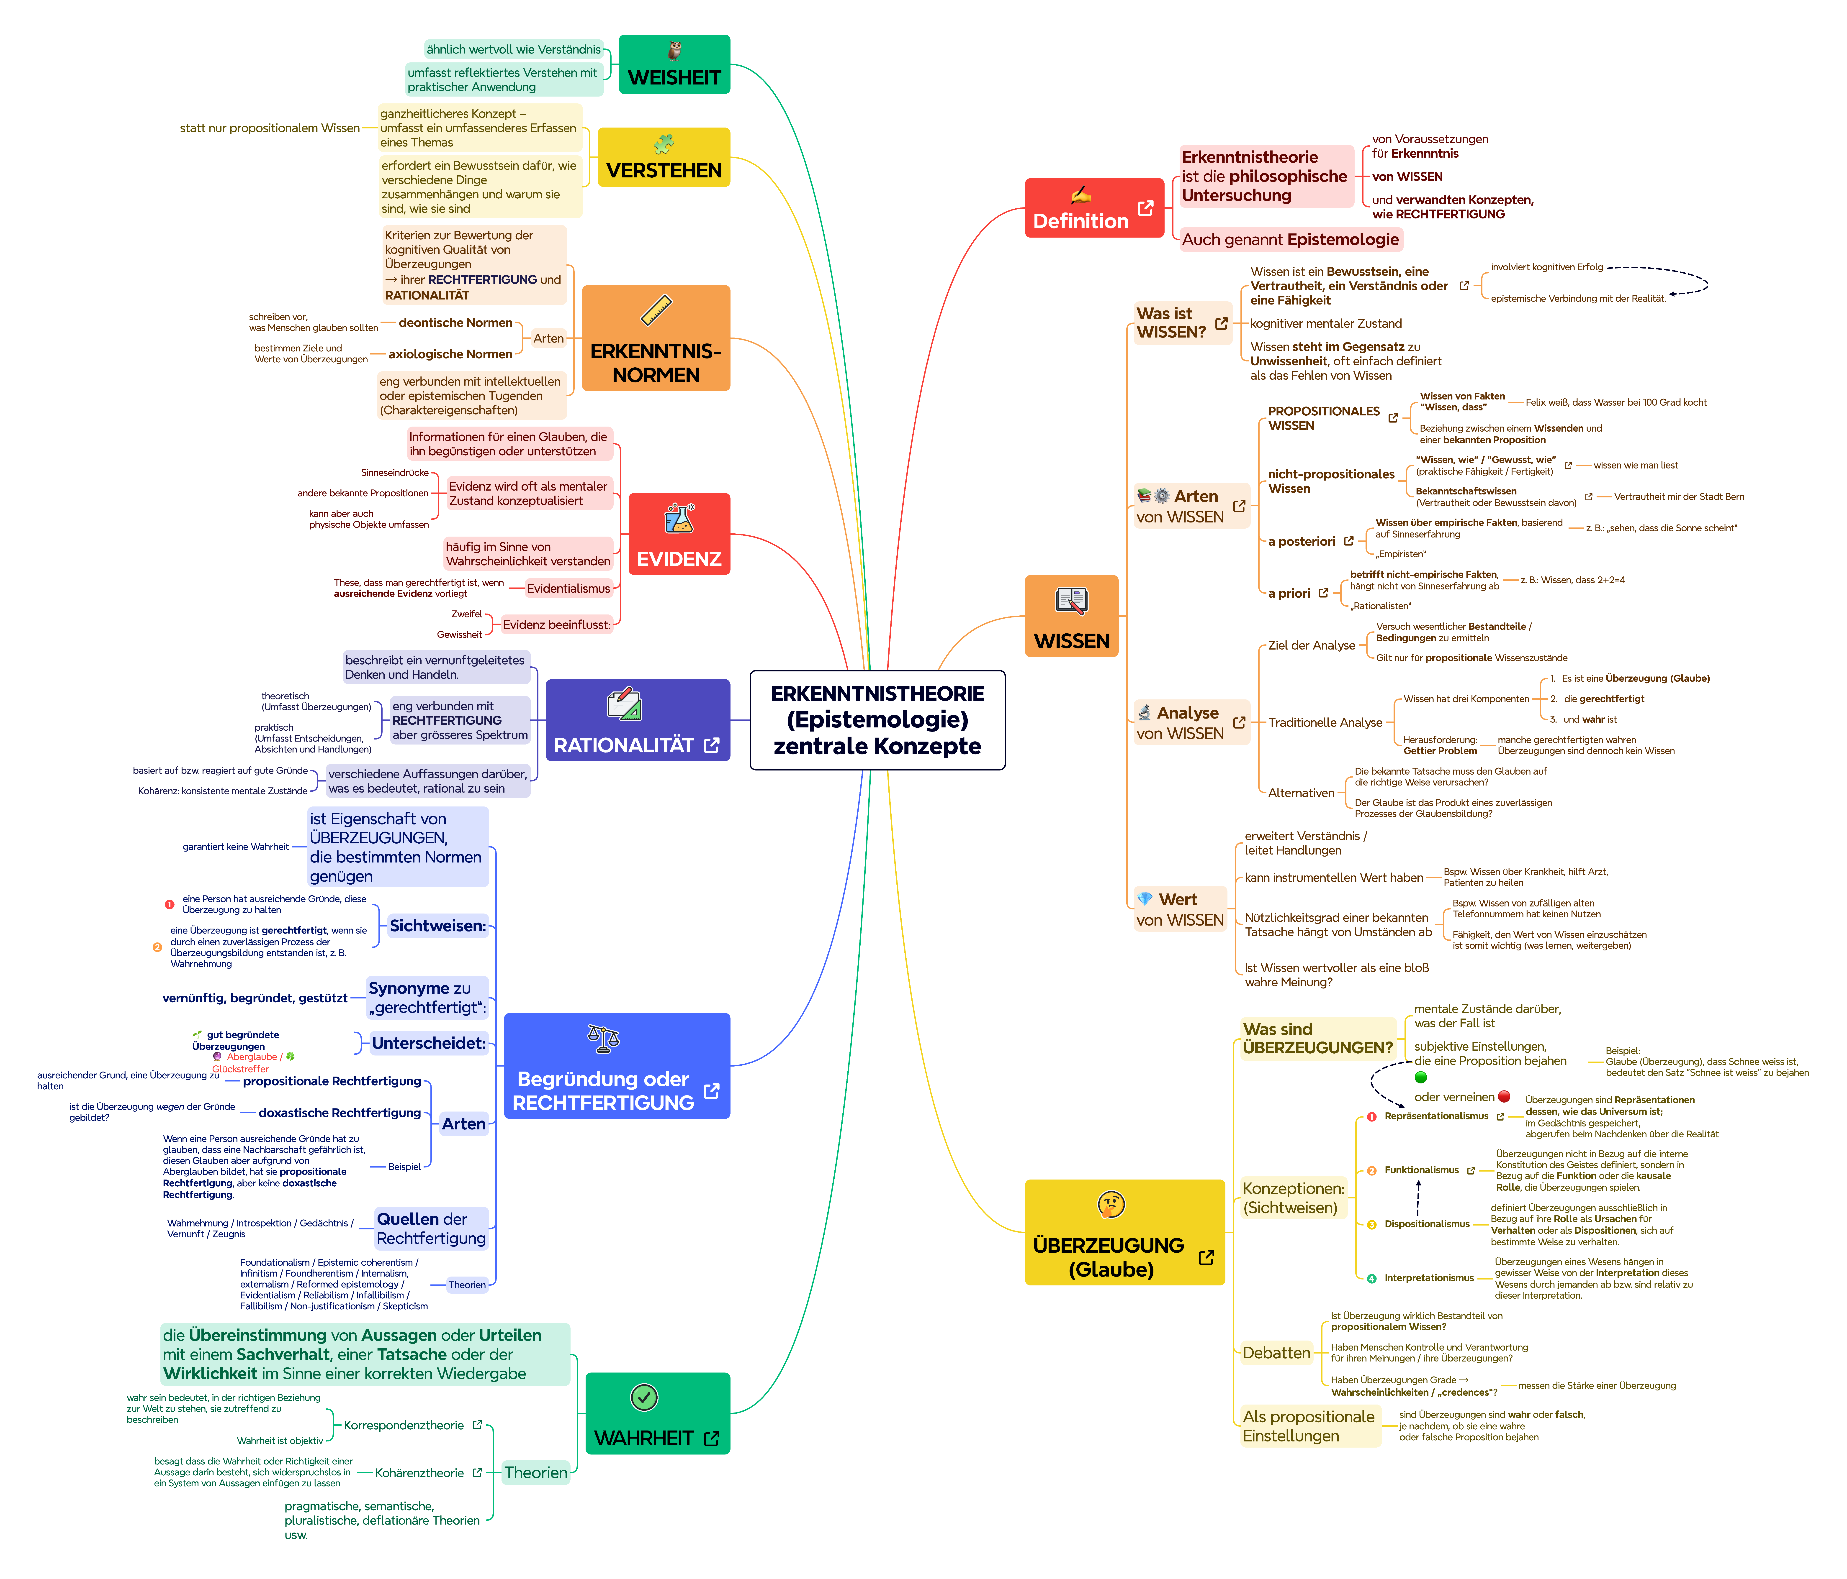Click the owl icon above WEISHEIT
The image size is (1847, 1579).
[x=675, y=50]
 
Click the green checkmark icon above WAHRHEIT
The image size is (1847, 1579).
[x=644, y=1397]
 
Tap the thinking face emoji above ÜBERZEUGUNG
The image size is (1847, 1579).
[x=1111, y=1205]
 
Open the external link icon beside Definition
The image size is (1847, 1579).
[x=1145, y=208]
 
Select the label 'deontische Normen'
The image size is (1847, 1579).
[x=455, y=322]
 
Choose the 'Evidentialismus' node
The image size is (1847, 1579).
[x=568, y=588]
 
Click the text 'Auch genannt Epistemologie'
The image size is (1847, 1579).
[x=1290, y=240]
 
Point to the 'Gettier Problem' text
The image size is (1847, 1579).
[x=1440, y=751]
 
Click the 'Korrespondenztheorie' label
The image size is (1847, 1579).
[x=404, y=1425]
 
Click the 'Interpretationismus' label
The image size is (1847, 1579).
[x=1429, y=1278]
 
